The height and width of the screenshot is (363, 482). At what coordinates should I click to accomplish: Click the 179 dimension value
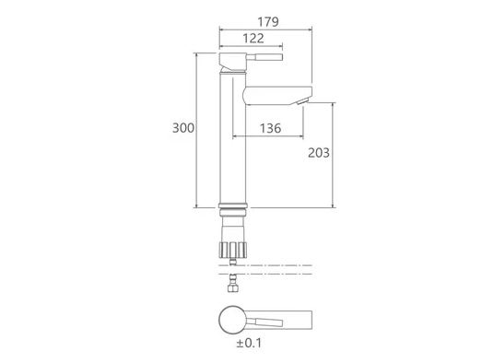(268, 22)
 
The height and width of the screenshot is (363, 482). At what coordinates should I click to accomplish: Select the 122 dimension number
(253, 39)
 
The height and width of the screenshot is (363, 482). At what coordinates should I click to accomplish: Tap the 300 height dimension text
(183, 128)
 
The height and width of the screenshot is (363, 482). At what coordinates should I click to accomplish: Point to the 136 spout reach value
(271, 128)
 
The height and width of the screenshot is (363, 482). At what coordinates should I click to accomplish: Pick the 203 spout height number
(319, 153)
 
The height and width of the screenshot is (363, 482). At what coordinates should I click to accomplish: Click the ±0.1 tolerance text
(249, 343)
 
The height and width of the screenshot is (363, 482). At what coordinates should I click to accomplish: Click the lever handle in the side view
(265, 57)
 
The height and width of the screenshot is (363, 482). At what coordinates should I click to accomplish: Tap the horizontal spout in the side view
(277, 96)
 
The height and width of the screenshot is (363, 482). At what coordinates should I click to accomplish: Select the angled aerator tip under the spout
(302, 101)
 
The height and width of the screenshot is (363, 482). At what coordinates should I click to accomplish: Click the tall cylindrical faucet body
(232, 138)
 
